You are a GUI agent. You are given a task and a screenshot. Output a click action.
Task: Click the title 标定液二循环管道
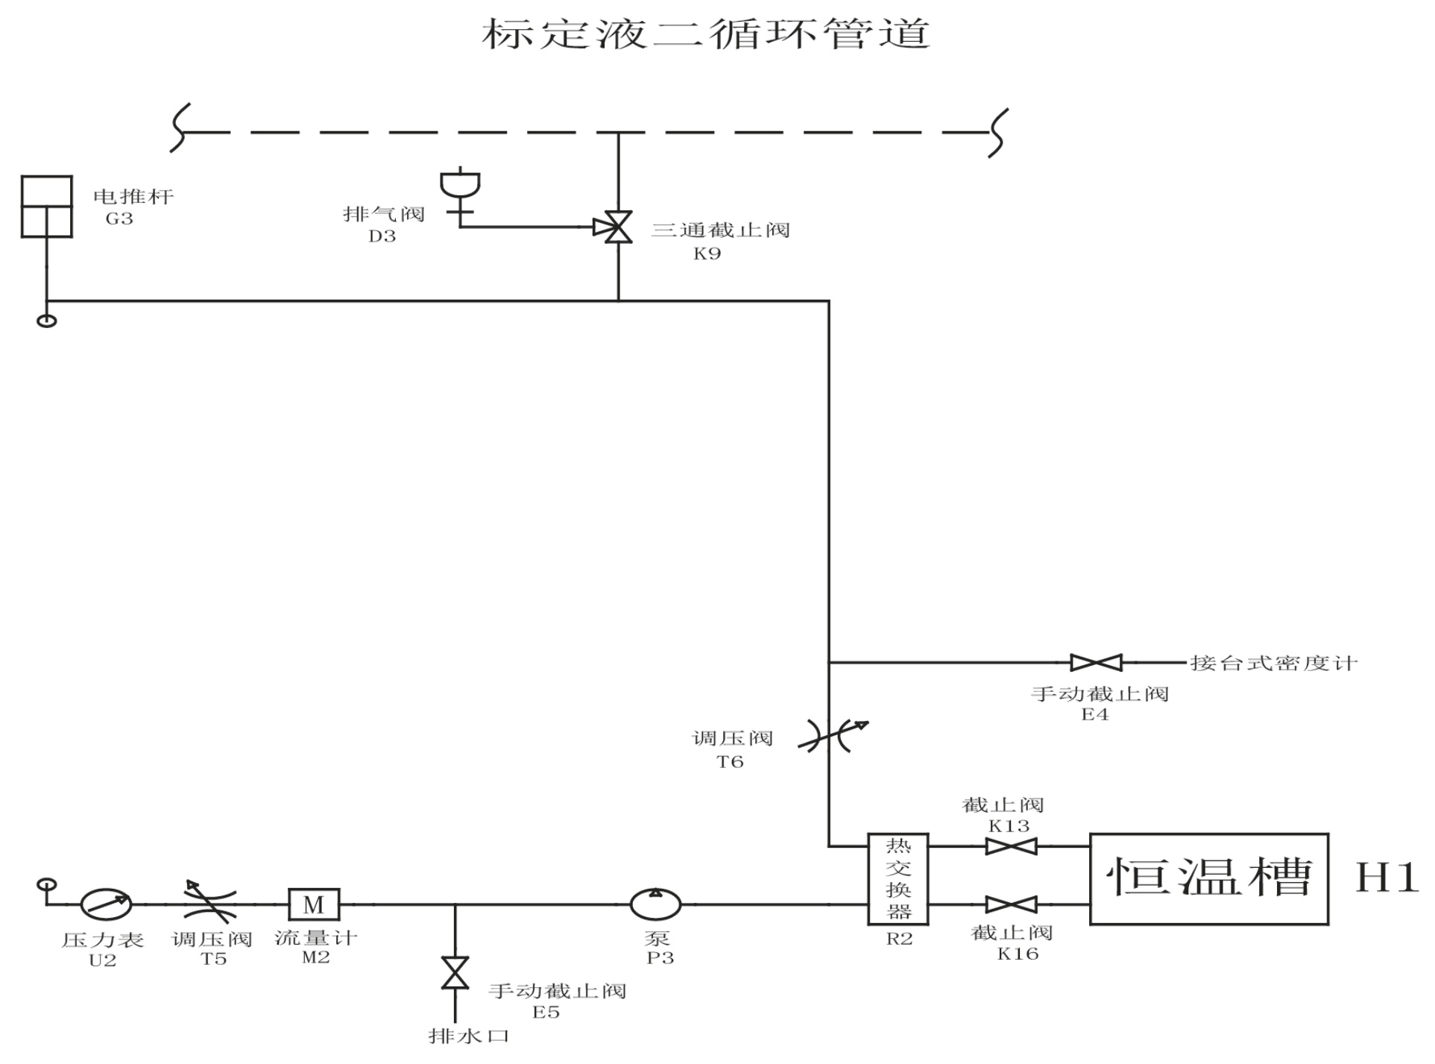tap(706, 34)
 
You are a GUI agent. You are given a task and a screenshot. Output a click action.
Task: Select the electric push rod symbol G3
tap(47, 207)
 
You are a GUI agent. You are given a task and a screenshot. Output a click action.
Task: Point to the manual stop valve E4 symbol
tap(1096, 662)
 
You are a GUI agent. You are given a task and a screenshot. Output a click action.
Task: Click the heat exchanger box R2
tap(898, 879)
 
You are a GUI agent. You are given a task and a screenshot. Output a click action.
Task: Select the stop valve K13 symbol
tap(1011, 846)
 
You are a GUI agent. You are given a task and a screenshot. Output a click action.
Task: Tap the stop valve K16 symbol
tap(1011, 904)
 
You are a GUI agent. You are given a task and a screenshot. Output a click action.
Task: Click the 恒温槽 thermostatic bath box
tap(1209, 879)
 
